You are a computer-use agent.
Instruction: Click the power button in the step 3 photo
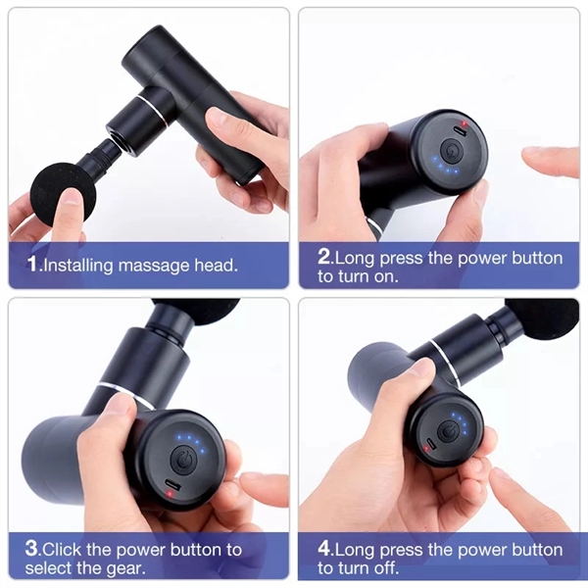[183, 459]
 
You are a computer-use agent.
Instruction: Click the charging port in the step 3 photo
[172, 487]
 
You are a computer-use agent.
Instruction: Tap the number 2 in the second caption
[325, 258]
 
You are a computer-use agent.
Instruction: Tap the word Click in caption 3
[67, 549]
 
